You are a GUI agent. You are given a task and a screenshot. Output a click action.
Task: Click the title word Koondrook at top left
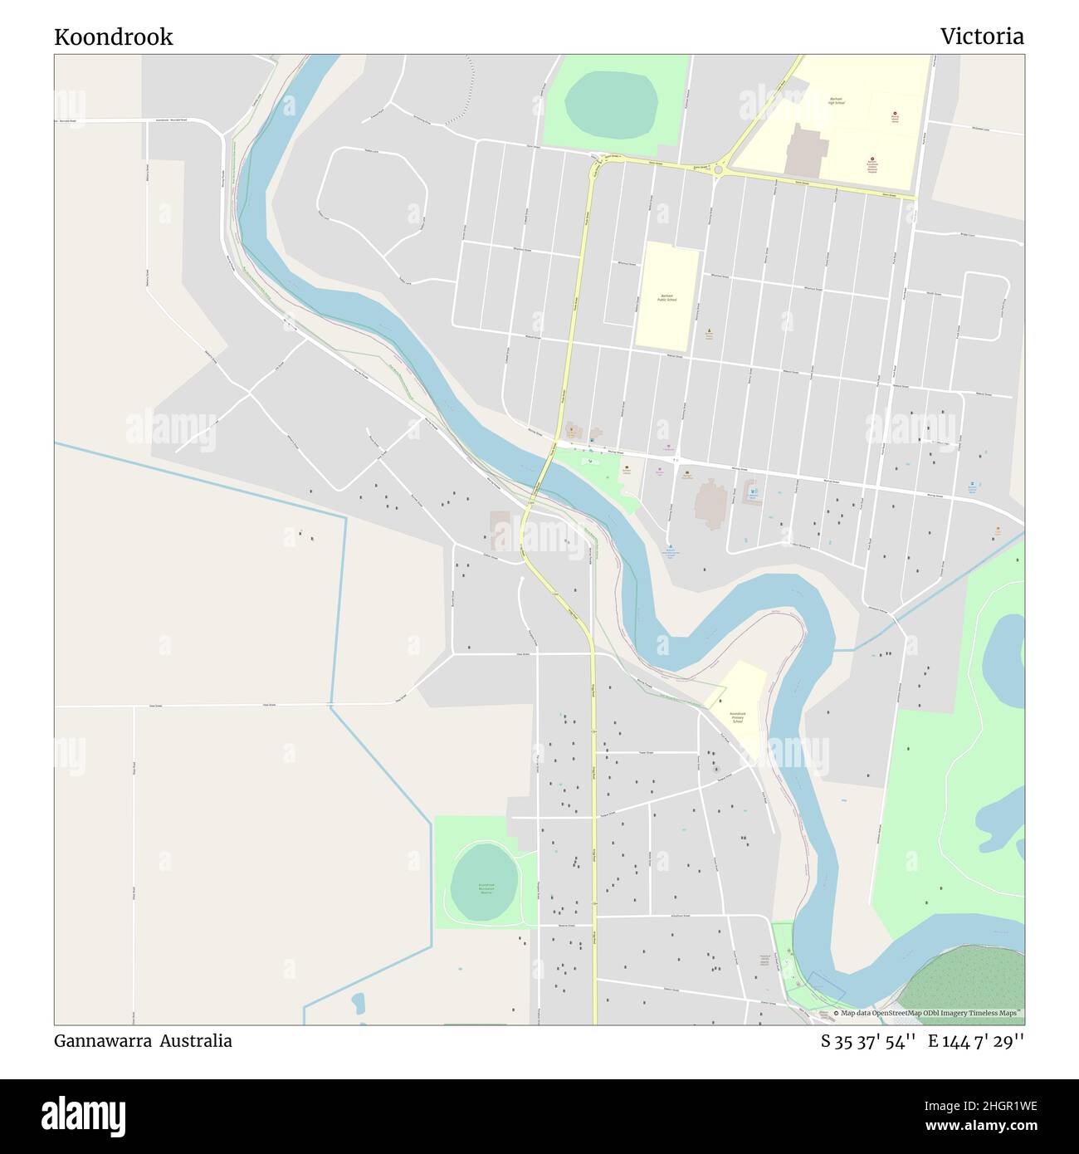[x=114, y=37]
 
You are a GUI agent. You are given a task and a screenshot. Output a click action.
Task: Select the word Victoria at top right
[x=982, y=37]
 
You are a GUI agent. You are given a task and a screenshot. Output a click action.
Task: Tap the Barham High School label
[x=836, y=101]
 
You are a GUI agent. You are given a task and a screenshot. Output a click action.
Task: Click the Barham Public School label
[x=666, y=297]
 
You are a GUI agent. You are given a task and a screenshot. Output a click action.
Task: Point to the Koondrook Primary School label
[x=737, y=717]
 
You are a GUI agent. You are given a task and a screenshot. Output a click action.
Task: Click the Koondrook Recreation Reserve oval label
[x=485, y=888]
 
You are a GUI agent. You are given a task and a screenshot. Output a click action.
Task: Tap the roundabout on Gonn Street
[x=719, y=171]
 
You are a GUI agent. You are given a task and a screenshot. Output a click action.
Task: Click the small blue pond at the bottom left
[x=358, y=1003]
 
